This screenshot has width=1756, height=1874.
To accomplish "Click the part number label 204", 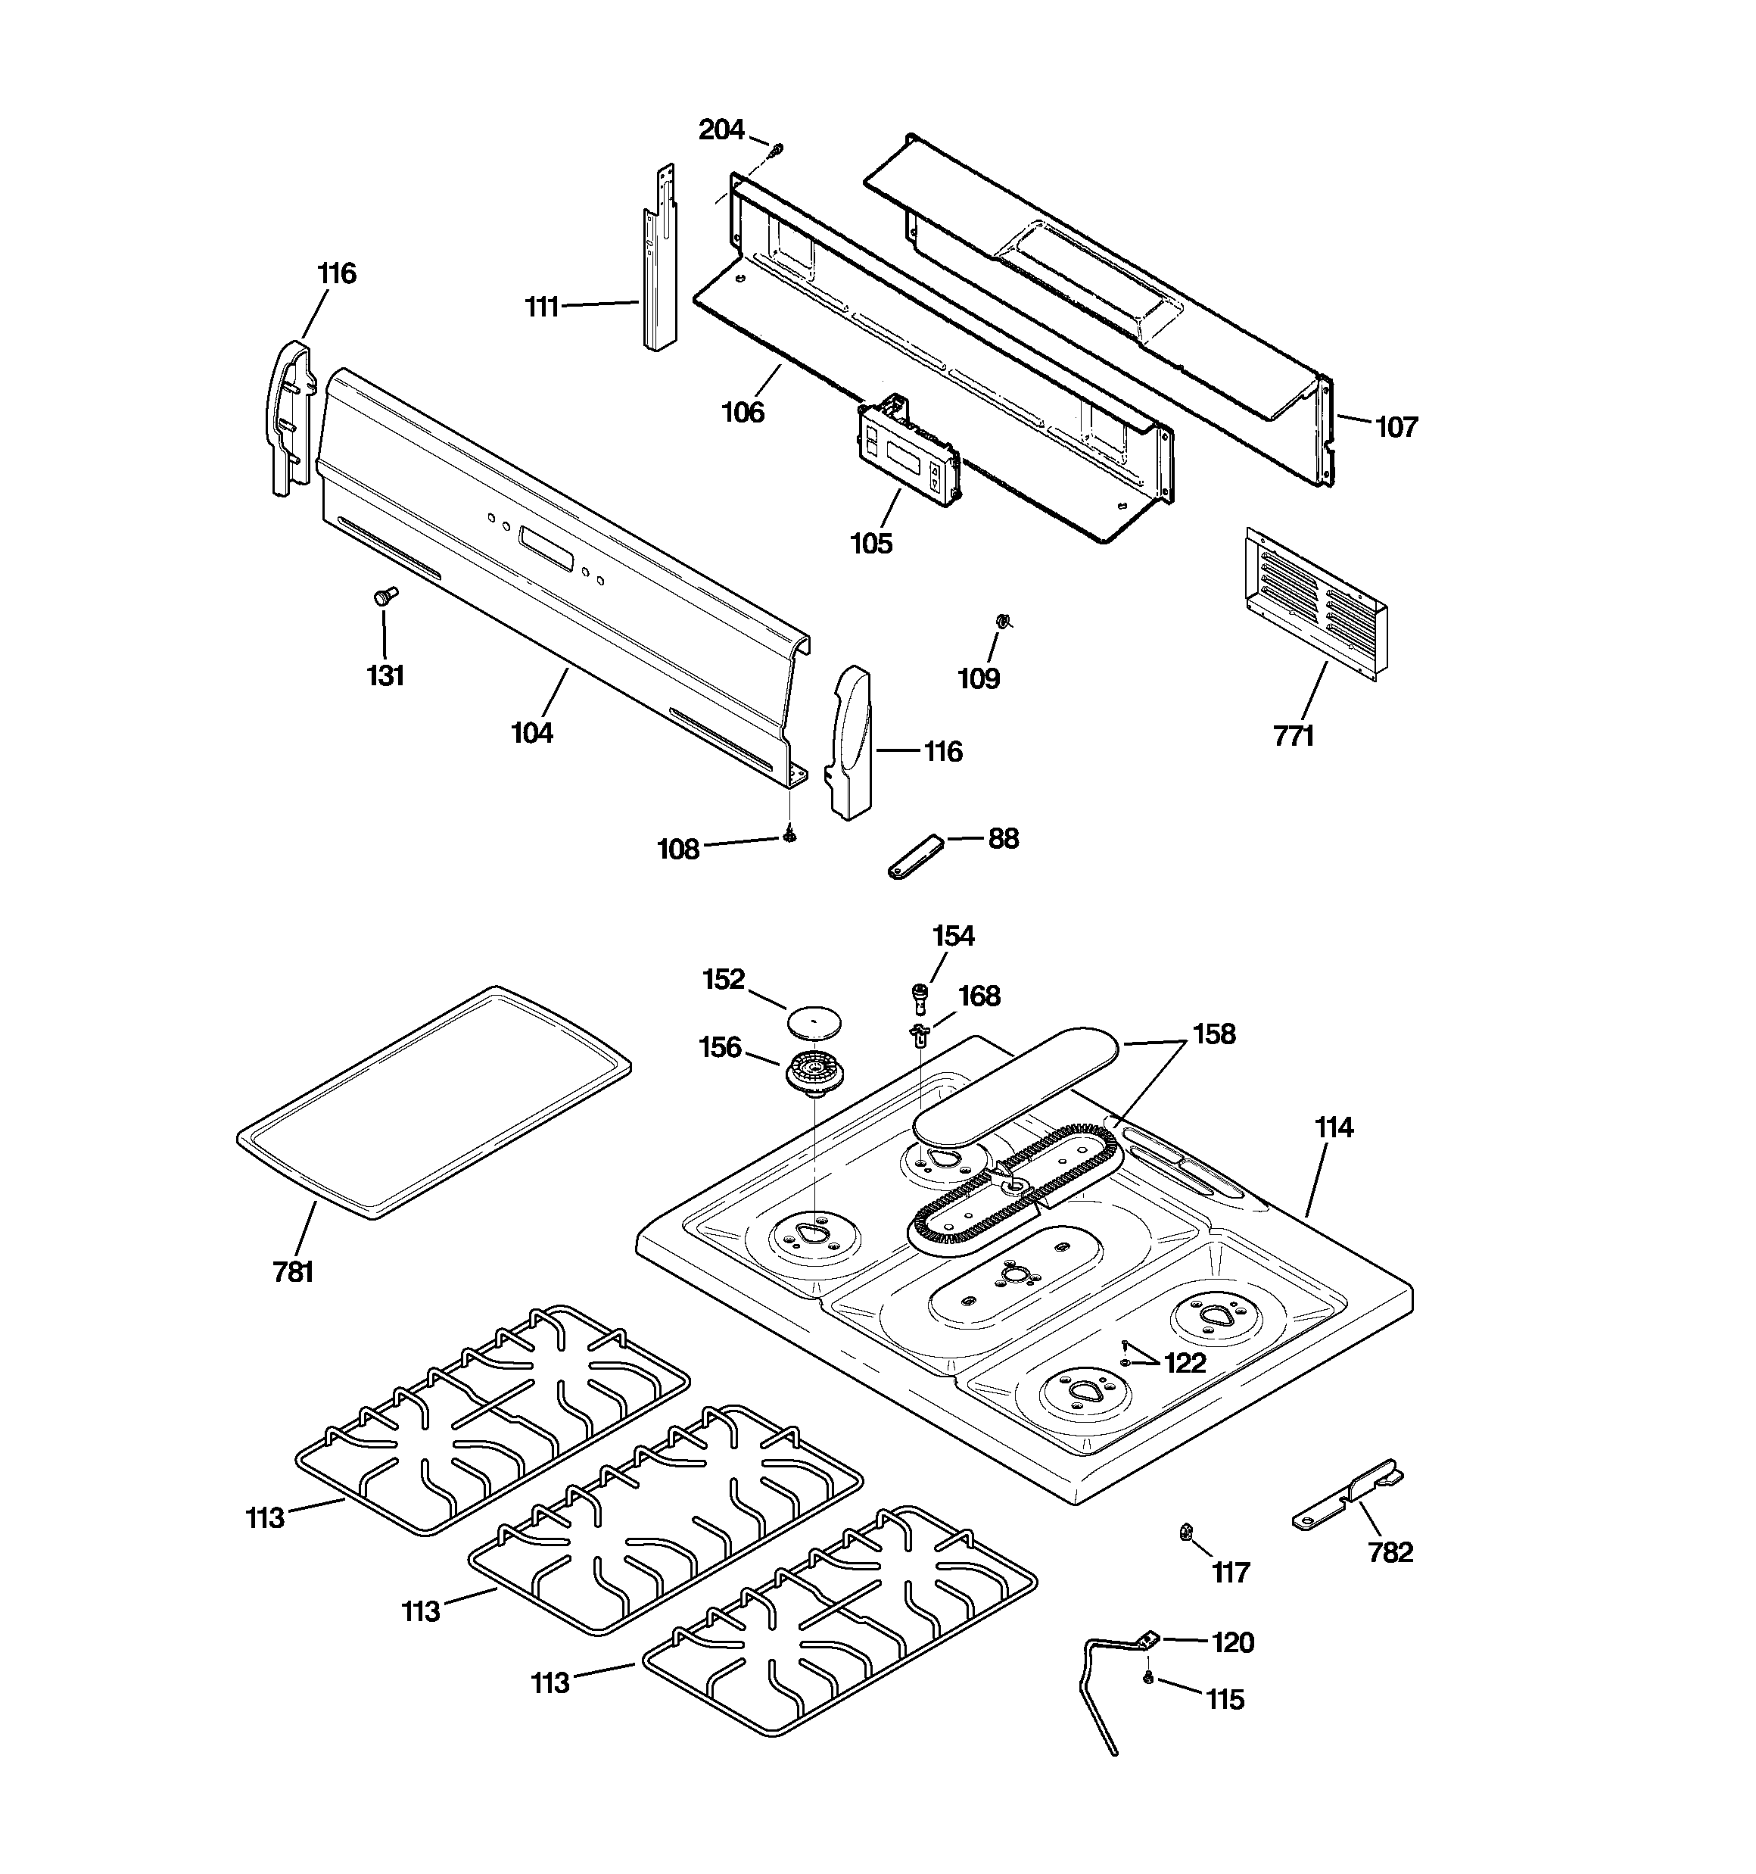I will [721, 130].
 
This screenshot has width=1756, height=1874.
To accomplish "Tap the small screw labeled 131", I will [385, 596].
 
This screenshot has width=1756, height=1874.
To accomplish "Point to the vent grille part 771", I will [1315, 603].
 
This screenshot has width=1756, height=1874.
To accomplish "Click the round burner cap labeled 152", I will [814, 1020].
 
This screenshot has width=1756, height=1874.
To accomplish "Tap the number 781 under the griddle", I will [292, 1273].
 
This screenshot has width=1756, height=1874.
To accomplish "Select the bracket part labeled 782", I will [1346, 1498].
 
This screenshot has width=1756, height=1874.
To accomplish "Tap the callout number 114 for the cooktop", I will [1334, 1127].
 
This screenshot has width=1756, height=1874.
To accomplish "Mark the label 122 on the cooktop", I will [1185, 1363].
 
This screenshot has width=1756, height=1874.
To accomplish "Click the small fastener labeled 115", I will [1148, 1677].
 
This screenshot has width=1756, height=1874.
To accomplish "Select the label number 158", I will [1213, 1034].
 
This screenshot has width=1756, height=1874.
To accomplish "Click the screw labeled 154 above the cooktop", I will [918, 993].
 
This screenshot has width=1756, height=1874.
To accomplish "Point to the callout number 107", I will [1396, 427].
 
